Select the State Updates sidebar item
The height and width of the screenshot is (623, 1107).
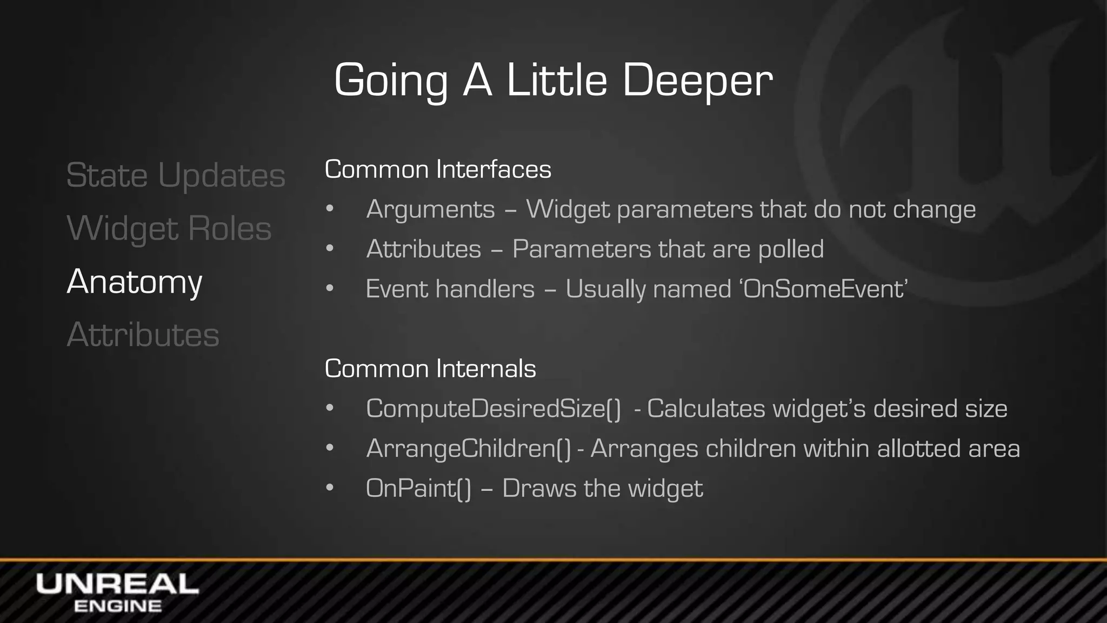click(176, 176)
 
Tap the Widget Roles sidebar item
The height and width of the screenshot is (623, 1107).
click(169, 229)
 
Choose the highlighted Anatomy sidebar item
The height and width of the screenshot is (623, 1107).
click(135, 282)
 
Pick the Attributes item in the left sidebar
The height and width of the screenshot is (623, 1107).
click(143, 335)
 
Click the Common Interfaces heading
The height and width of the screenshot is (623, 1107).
click(438, 169)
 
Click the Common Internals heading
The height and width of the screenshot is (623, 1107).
click(430, 369)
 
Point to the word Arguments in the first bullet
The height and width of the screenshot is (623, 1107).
click(430, 209)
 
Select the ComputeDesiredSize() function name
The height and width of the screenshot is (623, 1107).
click(493, 408)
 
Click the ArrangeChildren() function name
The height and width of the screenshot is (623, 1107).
click(468, 448)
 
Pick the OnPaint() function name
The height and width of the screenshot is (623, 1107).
click(418, 488)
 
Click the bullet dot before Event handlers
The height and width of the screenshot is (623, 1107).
click(330, 289)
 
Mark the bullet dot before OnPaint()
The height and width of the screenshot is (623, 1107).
click(330, 488)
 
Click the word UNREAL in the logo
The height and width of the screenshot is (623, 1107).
click(117, 585)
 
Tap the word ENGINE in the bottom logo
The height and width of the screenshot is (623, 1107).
click(117, 606)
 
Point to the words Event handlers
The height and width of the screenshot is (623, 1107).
click(450, 289)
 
